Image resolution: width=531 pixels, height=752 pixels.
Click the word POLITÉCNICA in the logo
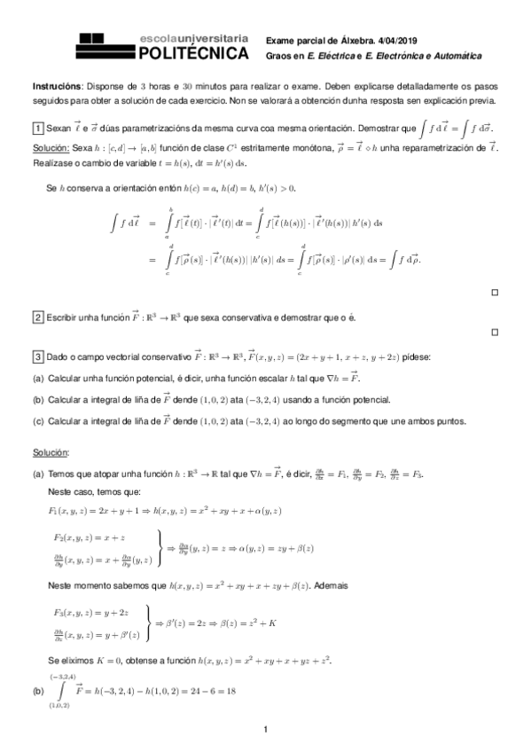(x=194, y=54)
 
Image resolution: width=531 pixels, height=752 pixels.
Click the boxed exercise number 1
(x=38, y=129)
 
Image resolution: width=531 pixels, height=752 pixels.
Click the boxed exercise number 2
(x=38, y=317)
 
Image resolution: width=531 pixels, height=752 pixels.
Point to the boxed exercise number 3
(x=38, y=356)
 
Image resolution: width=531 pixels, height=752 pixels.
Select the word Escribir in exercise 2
(x=66, y=317)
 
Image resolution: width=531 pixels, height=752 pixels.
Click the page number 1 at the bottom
(x=265, y=729)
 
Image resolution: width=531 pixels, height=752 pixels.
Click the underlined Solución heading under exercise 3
(x=50, y=453)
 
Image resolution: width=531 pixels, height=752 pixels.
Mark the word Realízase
(x=52, y=163)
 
